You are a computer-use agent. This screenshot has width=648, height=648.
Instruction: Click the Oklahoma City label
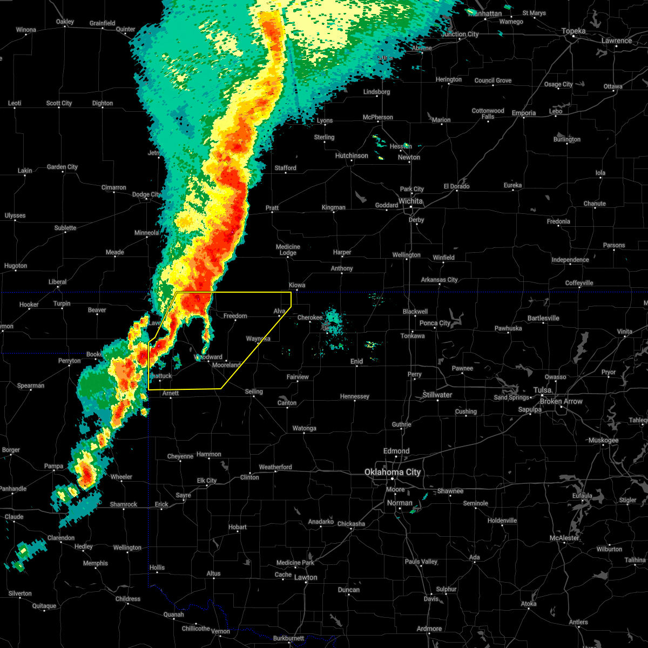[x=392, y=472]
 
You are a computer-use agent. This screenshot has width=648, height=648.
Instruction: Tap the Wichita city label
[x=410, y=201]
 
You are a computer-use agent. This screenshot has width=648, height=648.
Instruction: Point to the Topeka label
[x=573, y=31]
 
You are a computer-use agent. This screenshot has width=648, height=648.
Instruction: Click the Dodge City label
[x=146, y=194]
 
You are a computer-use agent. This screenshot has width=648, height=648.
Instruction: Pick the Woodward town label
[x=208, y=357]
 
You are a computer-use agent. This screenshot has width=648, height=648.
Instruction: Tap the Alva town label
[x=279, y=311]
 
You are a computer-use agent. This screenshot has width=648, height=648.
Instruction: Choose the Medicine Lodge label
[x=288, y=249]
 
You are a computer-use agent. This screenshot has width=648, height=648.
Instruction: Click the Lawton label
[x=306, y=577]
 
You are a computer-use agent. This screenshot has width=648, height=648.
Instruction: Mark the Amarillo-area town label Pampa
[x=53, y=466]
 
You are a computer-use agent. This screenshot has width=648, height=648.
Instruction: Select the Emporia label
[x=524, y=113]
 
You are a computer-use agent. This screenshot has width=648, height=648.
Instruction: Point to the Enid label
[x=356, y=361]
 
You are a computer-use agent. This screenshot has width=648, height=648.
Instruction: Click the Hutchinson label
[x=352, y=156]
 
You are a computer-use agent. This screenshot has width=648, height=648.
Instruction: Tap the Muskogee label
[x=603, y=440]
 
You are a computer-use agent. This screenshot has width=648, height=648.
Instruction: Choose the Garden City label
[x=62, y=167]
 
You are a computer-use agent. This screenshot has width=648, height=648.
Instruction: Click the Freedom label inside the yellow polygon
[x=235, y=316]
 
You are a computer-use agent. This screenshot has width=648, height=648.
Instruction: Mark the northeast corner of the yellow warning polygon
[x=291, y=292]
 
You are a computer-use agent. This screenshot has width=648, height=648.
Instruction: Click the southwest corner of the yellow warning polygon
[x=148, y=389]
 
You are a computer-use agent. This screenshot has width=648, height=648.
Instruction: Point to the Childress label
[x=128, y=599]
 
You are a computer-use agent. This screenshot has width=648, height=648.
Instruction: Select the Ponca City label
[x=435, y=323]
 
